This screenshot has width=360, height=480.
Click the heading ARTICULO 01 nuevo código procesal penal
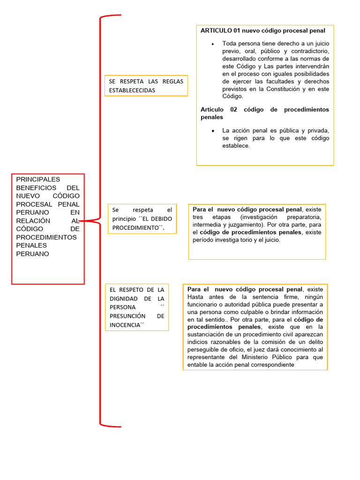[x=262, y=30]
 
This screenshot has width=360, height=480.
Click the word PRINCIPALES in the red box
[x=38, y=179]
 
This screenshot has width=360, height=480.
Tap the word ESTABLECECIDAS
[x=132, y=90]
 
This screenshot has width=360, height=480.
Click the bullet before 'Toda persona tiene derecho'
[x=212, y=44]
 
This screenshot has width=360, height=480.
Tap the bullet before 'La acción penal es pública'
[x=212, y=131]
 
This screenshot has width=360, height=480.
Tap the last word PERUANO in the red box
[x=32, y=254]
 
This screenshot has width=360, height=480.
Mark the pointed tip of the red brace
[x=81, y=220]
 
